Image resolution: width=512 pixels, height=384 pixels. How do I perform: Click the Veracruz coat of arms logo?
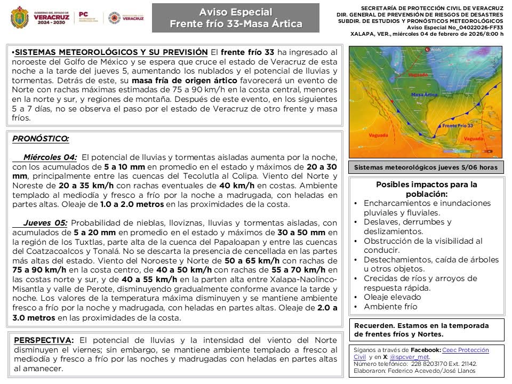tap(20, 18)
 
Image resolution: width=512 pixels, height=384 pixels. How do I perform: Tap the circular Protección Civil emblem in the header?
tap(114, 18)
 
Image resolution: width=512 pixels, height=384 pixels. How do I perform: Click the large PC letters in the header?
tap(84, 15)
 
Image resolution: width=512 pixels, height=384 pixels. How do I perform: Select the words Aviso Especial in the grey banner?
tap(235, 12)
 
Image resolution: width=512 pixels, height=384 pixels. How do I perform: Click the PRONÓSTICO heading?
tap(40, 139)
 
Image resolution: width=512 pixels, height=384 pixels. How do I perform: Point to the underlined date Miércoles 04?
tap(50, 157)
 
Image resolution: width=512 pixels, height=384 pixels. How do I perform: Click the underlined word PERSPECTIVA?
tap(44, 340)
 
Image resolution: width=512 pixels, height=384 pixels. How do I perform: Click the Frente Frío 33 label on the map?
tap(458, 126)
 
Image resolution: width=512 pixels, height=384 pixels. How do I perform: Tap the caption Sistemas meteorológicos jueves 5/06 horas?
tap(426, 167)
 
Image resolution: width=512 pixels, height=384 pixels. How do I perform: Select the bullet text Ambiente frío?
tap(390, 307)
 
